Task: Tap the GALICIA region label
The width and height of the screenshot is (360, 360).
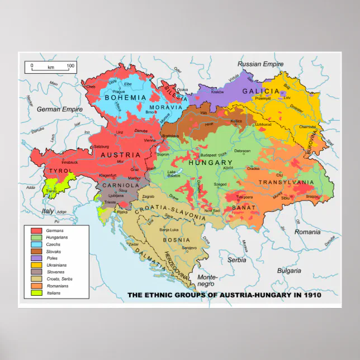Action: tap(260, 91)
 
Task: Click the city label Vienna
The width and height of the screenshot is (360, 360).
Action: tap(150, 140)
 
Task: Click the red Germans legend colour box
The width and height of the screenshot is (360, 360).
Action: tap(36, 230)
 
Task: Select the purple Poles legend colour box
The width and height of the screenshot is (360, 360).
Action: tap(36, 258)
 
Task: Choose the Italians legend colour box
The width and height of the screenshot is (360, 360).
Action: tap(36, 292)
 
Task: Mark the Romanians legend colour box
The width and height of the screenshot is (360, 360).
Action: tap(36, 286)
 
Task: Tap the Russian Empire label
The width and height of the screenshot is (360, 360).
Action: tap(260, 64)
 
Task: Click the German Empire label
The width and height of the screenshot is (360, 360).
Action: tap(60, 110)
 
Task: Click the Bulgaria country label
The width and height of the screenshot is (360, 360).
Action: tap(289, 270)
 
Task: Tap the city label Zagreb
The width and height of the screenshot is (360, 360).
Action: tap(148, 197)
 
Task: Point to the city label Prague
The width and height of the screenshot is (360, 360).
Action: tap(119, 91)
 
